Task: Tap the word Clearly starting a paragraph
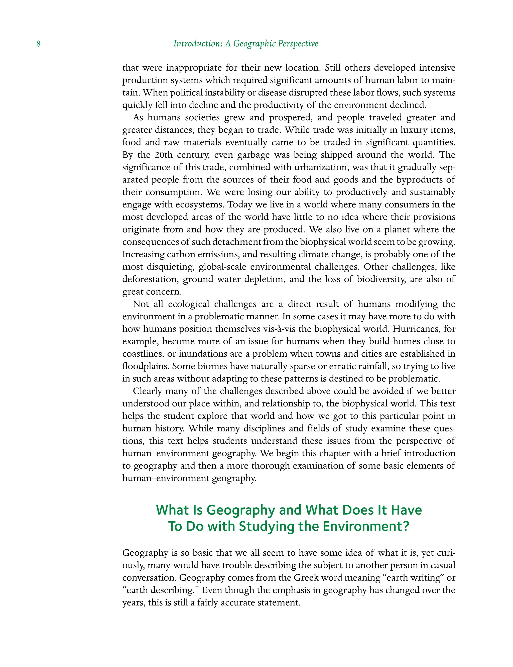point(147,391)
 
